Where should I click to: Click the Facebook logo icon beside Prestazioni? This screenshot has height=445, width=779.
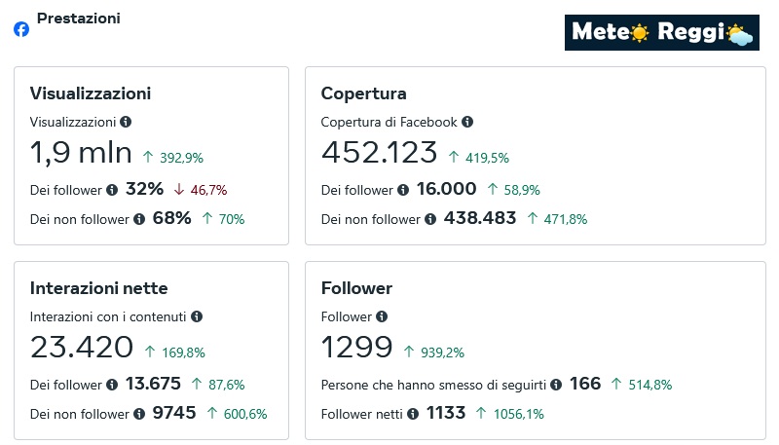click(21, 29)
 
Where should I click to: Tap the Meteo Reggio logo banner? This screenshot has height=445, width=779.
click(661, 32)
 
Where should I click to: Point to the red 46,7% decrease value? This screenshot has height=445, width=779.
click(207, 190)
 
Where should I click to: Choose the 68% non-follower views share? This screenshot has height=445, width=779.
click(172, 219)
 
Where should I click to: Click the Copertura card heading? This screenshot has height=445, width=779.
click(363, 93)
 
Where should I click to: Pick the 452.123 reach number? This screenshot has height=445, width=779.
click(379, 154)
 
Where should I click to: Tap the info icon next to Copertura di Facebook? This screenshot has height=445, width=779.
click(467, 122)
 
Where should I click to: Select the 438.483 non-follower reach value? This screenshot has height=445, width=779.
click(480, 219)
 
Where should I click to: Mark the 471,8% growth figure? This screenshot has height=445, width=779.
click(564, 220)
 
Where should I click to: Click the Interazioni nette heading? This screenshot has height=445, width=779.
click(99, 288)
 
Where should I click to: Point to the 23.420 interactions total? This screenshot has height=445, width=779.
click(82, 348)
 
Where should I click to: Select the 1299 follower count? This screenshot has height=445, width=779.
click(356, 348)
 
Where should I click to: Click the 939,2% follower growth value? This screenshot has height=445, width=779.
click(436, 352)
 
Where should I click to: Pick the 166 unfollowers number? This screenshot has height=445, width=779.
click(585, 384)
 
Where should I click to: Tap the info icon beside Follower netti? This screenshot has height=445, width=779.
click(414, 414)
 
